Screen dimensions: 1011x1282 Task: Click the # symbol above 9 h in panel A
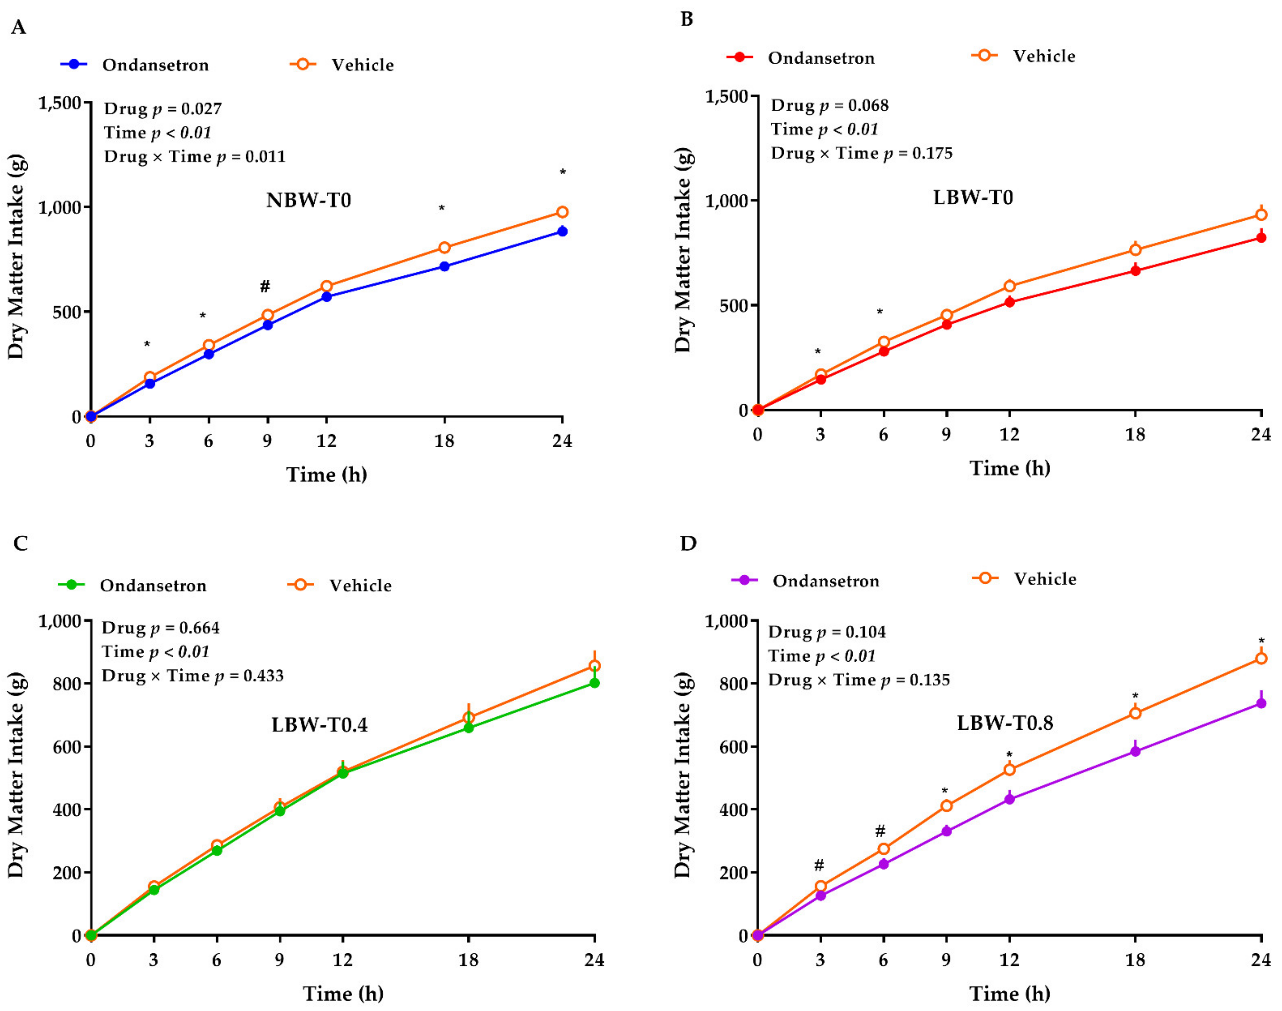(265, 286)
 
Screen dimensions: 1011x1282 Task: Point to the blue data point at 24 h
(562, 231)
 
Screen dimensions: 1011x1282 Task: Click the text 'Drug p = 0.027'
(163, 109)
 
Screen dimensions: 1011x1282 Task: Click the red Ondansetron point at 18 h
(1135, 271)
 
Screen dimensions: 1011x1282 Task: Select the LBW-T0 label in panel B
(973, 197)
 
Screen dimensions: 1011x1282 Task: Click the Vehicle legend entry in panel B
(1024, 56)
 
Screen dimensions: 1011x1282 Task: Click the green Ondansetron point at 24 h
(594, 683)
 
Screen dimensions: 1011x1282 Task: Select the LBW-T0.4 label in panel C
(320, 725)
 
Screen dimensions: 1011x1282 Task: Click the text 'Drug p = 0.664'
(160, 628)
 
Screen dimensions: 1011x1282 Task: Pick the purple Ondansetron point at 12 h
(1009, 799)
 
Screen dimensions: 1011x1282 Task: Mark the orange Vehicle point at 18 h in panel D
(1135, 713)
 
